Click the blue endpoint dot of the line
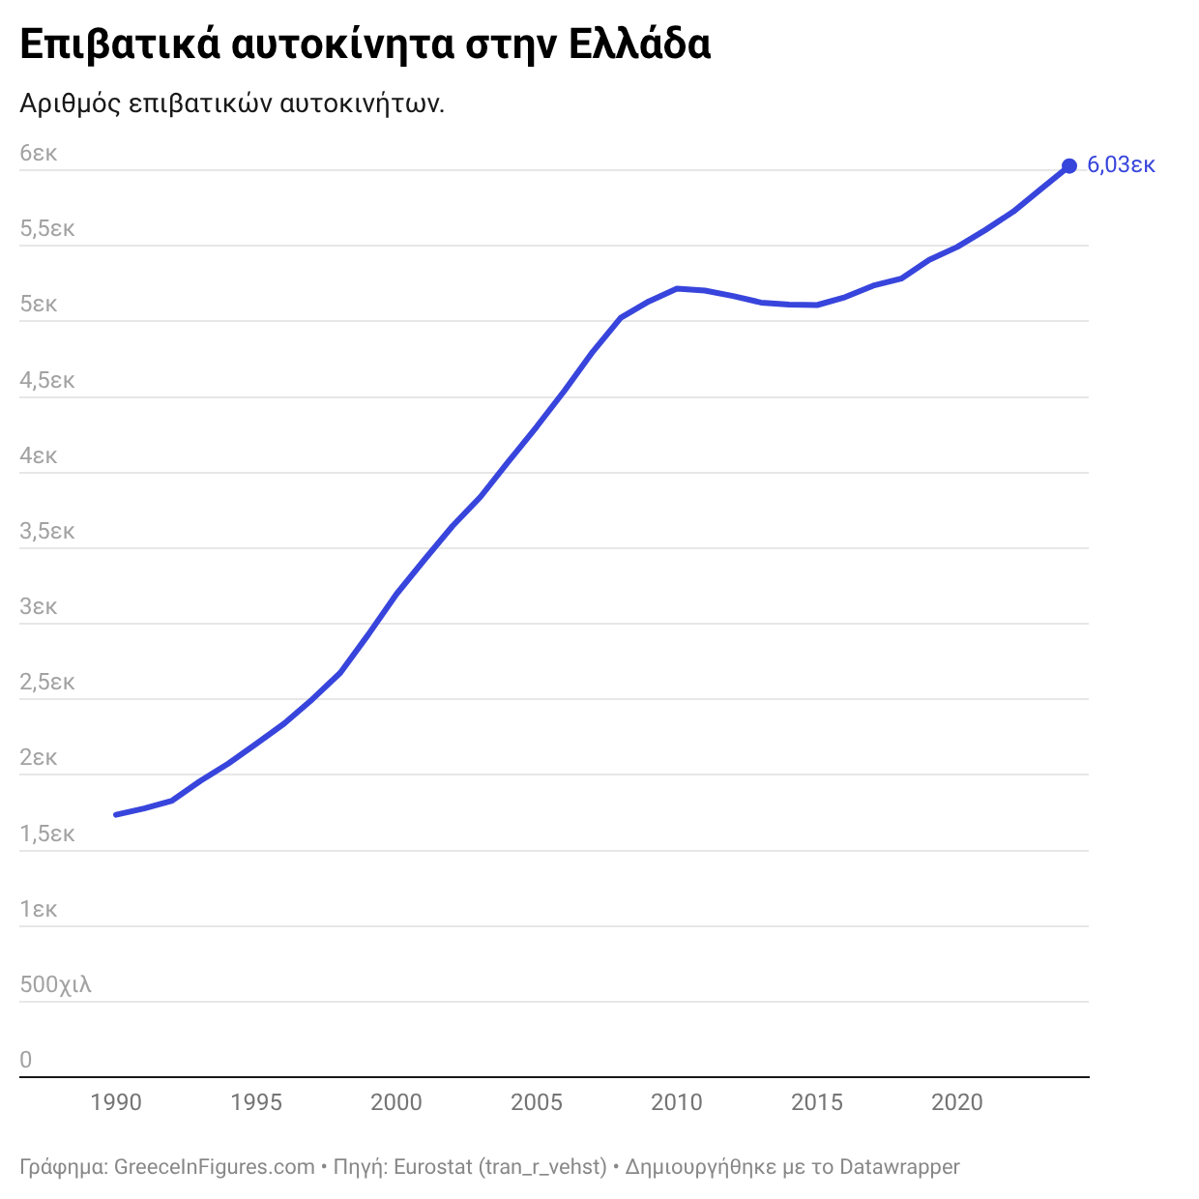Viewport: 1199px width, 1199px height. point(1068,166)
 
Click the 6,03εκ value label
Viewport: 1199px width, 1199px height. point(1121,165)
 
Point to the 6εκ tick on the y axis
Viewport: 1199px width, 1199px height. point(39,154)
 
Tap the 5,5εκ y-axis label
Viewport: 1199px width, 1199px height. point(47,229)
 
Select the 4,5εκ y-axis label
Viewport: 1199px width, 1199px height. point(47,381)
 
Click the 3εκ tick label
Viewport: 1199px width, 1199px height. point(39,607)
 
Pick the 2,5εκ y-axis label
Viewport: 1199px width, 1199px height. point(47,683)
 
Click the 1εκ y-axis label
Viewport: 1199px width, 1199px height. point(39,910)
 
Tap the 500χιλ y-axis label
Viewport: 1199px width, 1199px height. point(55,985)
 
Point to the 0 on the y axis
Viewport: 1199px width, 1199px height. point(26,1060)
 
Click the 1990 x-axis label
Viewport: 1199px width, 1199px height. point(116,1102)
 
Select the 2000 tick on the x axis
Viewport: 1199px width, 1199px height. point(396,1102)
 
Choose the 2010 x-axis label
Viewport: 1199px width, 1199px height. point(677,1102)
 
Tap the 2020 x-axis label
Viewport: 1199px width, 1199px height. point(957,1102)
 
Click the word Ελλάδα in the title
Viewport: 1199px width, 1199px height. point(639,45)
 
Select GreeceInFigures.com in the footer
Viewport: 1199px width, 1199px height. point(215,1167)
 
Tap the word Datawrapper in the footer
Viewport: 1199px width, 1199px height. point(899,1167)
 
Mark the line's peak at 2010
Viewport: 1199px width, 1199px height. point(677,288)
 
